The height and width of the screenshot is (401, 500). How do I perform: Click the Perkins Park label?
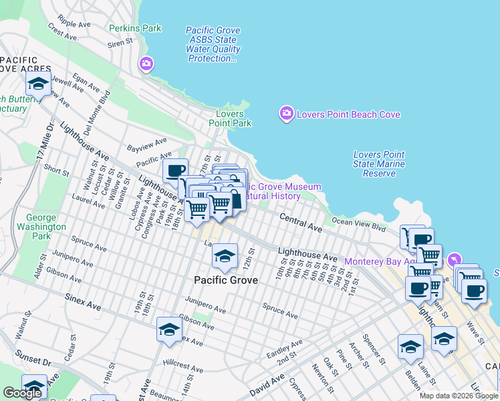point(135,29)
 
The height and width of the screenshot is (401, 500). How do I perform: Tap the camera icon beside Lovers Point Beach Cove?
point(287,114)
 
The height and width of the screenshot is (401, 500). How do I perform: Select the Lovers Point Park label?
point(230,118)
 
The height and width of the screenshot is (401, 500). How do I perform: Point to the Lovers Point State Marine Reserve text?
point(379,164)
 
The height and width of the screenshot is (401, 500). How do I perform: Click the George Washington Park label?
point(45,227)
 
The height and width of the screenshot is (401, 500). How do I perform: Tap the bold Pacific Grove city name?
point(226,280)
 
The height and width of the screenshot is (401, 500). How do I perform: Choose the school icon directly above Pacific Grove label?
point(225,257)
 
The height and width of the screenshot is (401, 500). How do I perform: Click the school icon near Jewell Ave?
point(38,84)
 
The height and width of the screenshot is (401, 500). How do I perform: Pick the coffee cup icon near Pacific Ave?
point(176,171)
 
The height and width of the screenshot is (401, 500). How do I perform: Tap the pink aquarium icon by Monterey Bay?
point(455,259)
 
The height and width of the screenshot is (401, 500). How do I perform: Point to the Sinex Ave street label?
point(83,299)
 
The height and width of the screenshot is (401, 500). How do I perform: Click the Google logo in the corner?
point(22,393)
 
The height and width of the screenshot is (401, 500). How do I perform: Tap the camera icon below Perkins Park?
point(146,64)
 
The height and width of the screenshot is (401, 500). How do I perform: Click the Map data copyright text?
point(458,396)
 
